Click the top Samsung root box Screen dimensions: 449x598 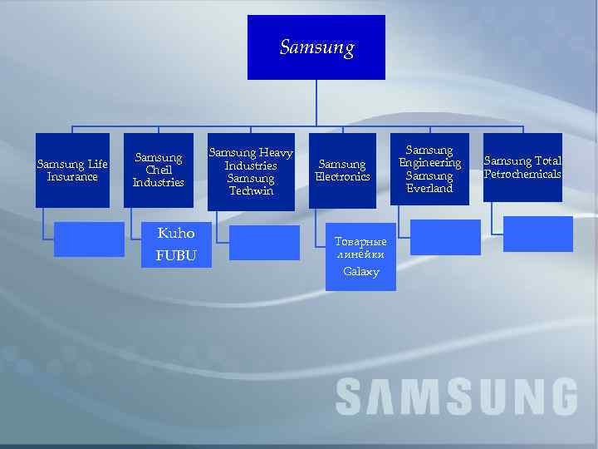316,47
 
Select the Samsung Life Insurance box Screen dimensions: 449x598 72,170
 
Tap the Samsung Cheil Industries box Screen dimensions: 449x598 158,170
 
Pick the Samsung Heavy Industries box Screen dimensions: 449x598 250,171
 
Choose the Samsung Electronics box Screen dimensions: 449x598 342,170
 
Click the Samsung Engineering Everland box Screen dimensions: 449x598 429,169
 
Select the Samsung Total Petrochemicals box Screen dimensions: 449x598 522,167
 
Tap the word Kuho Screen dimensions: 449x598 175,234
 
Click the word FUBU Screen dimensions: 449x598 175,255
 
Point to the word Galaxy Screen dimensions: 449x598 360,272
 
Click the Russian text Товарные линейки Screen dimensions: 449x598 360,249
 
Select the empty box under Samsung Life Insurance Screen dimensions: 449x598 89,239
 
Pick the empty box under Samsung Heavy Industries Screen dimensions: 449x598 264,243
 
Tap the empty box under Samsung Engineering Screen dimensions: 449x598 445,237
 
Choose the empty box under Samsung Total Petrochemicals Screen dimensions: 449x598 538,234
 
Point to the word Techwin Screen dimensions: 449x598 250,191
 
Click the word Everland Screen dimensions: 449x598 429,189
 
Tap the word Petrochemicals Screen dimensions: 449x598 522,174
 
